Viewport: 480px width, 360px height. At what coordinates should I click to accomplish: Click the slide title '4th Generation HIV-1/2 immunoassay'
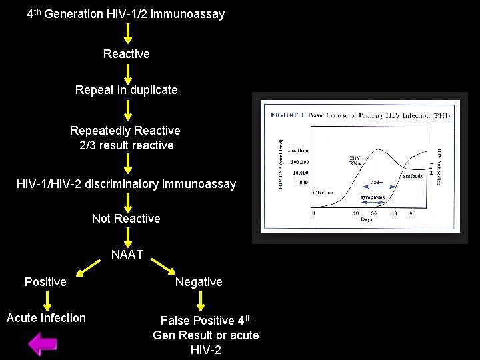[126, 13]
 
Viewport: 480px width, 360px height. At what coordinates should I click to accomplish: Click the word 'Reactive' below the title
[127, 53]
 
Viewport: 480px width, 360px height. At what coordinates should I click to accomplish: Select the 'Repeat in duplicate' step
[127, 89]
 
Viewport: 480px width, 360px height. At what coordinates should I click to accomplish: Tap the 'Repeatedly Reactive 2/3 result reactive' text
[126, 138]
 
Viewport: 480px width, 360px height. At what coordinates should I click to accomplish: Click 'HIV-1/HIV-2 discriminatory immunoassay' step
[126, 183]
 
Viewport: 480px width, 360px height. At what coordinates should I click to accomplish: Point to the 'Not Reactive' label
[126, 219]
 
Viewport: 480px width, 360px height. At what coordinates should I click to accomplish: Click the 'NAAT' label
[127, 254]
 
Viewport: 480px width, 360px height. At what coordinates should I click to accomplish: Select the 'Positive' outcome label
[45, 282]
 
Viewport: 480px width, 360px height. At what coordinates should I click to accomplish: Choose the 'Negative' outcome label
[199, 282]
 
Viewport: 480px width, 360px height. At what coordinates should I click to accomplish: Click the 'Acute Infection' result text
[46, 318]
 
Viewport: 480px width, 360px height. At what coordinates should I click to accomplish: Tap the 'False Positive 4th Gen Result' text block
[206, 335]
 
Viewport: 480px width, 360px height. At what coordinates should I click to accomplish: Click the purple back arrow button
[43, 343]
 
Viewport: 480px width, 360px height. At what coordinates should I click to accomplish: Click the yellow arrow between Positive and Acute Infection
[45, 300]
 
